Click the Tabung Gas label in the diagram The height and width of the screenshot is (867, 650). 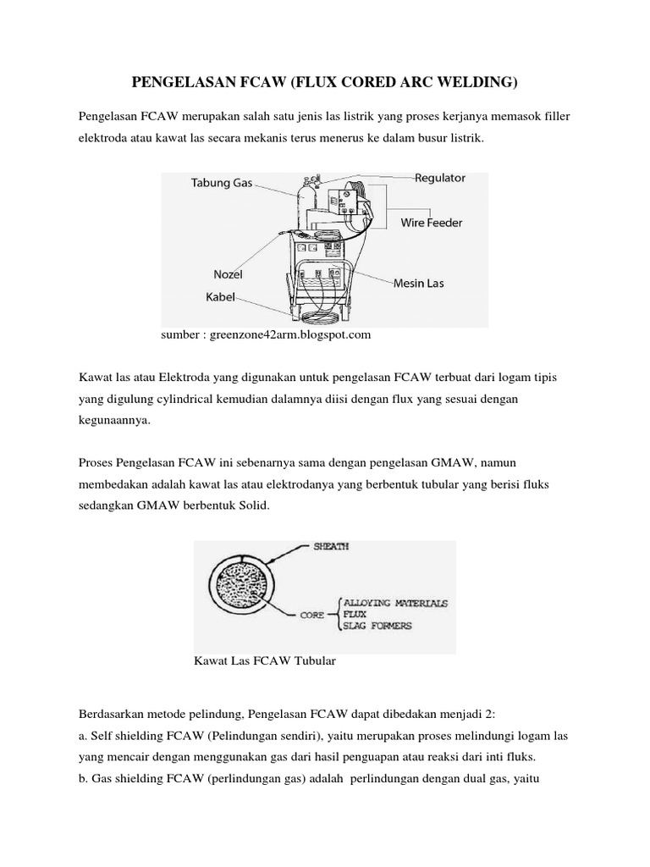point(221,183)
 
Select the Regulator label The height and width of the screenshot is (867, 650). point(439,178)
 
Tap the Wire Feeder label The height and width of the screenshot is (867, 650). point(431,223)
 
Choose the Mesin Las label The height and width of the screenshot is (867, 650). point(418,284)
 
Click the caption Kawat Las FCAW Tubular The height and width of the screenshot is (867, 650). point(266,661)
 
